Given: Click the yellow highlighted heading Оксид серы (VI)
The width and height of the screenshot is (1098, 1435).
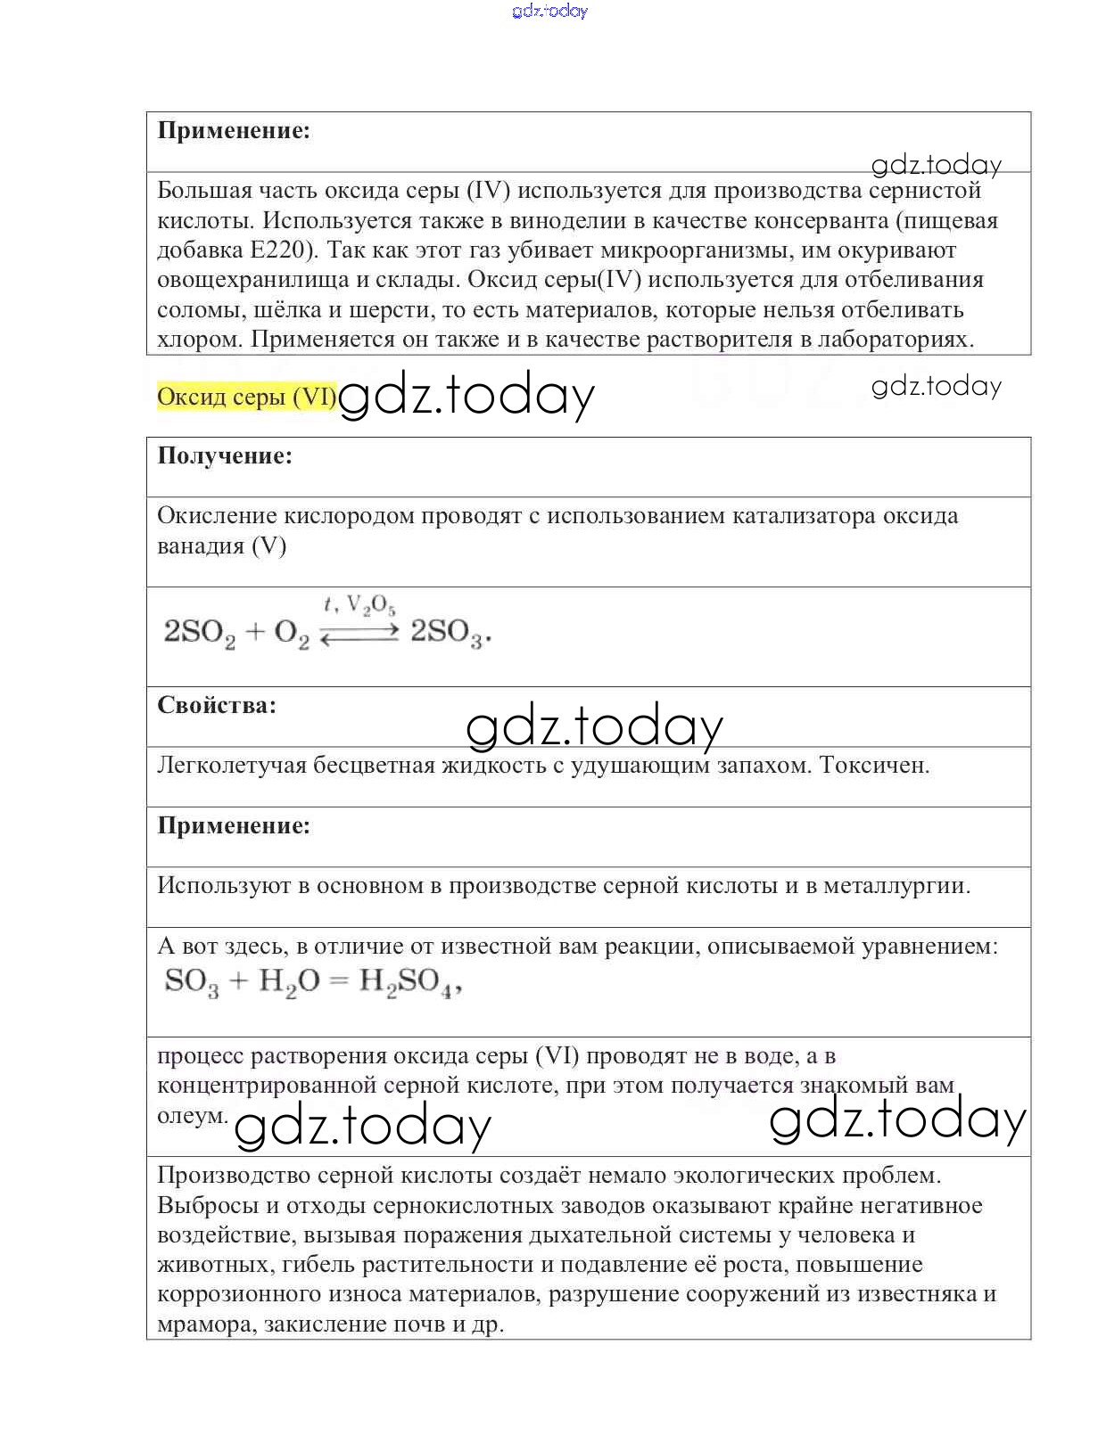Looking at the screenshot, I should (246, 397).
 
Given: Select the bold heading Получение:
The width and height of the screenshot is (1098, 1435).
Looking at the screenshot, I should (225, 456).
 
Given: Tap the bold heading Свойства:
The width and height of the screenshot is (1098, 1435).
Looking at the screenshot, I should (217, 706).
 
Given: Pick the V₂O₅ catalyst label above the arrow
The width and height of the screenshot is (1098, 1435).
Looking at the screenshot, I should (371, 606).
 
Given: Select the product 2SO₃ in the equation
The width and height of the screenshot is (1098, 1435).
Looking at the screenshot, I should (449, 633).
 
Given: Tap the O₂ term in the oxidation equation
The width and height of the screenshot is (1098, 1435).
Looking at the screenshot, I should (292, 634).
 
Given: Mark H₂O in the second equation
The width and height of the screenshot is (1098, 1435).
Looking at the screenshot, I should (288, 982).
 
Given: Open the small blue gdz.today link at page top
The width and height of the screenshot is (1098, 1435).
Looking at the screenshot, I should (550, 11).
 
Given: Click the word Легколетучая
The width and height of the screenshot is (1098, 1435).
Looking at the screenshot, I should (232, 766).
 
